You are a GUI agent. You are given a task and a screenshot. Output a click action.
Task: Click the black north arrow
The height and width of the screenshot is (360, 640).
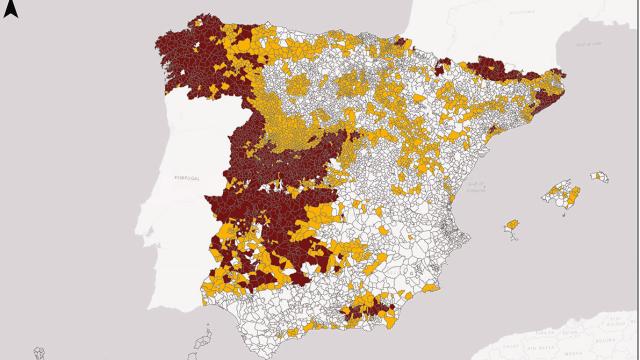pyautogui.click(x=10, y=11)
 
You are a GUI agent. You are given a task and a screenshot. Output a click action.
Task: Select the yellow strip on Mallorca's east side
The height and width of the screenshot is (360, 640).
pyautogui.click(x=574, y=200)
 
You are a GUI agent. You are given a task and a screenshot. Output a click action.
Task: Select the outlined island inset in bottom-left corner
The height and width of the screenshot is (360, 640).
pyautogui.click(x=40, y=351)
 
